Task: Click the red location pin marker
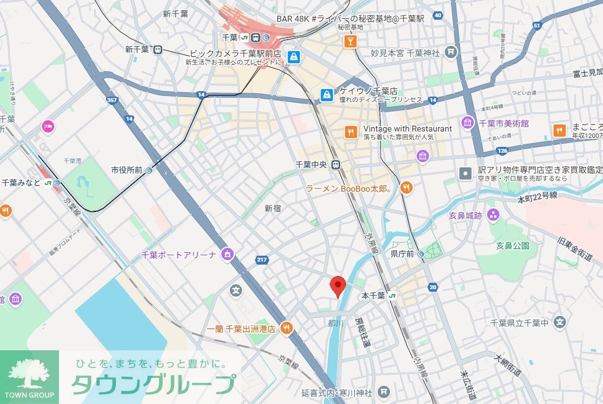point(338,285)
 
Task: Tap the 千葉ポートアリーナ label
point(178,255)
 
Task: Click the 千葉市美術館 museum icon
point(467,123)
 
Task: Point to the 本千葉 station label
point(373,296)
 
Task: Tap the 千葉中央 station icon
point(336,165)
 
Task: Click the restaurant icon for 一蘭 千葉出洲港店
point(285,328)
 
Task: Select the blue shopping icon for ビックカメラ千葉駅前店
point(294,57)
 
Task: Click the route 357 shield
point(111,100)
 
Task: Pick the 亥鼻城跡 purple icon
point(493,215)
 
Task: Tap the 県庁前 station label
point(401,254)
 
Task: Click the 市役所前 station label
point(127,170)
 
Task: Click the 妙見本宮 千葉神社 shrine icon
point(450,52)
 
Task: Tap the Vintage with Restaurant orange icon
point(350,132)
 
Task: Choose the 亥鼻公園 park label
point(513,245)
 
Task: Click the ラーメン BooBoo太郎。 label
point(349,188)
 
